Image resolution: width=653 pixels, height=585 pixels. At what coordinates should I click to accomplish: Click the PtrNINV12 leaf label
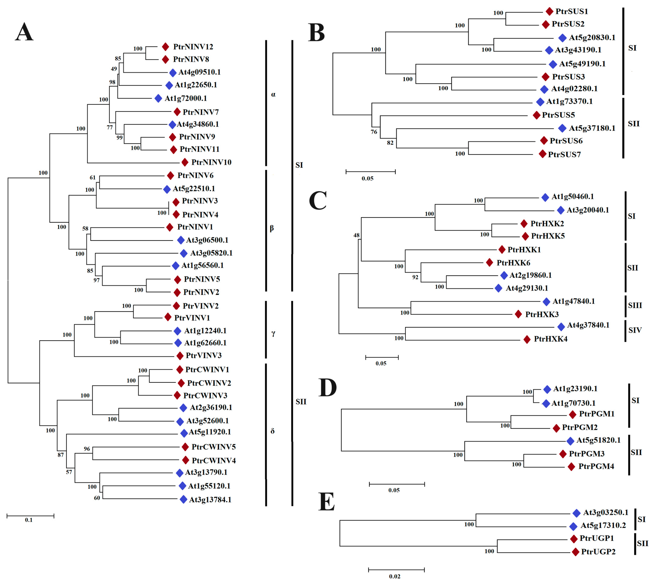(193, 47)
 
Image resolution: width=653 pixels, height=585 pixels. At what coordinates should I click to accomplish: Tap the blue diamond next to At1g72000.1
(158, 98)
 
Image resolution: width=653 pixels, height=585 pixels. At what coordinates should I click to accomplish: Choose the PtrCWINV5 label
(213, 447)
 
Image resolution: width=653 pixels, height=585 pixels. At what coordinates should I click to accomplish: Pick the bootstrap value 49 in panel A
(114, 69)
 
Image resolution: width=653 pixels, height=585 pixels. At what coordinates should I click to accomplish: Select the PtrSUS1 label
(571, 12)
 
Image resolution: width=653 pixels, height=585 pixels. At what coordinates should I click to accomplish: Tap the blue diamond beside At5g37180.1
(562, 128)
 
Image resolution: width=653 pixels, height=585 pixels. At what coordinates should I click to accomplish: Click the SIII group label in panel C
(635, 305)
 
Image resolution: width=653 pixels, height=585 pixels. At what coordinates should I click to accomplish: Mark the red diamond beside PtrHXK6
(489, 263)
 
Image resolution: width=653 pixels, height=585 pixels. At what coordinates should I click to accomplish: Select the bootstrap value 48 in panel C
(356, 235)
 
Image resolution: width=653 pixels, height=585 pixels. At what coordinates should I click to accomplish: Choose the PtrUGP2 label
(598, 552)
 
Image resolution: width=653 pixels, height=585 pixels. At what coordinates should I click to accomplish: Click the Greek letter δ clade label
(273, 431)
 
